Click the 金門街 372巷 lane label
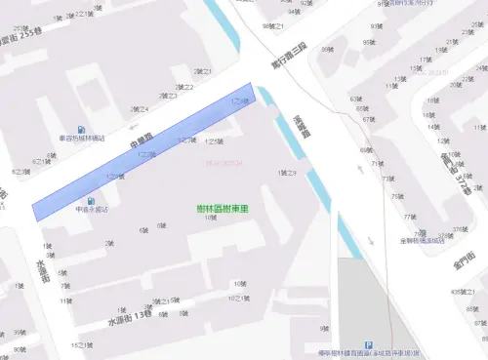click(456, 169)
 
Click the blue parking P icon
click(368, 345)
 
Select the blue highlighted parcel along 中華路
click(146, 151)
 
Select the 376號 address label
click(459, 230)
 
